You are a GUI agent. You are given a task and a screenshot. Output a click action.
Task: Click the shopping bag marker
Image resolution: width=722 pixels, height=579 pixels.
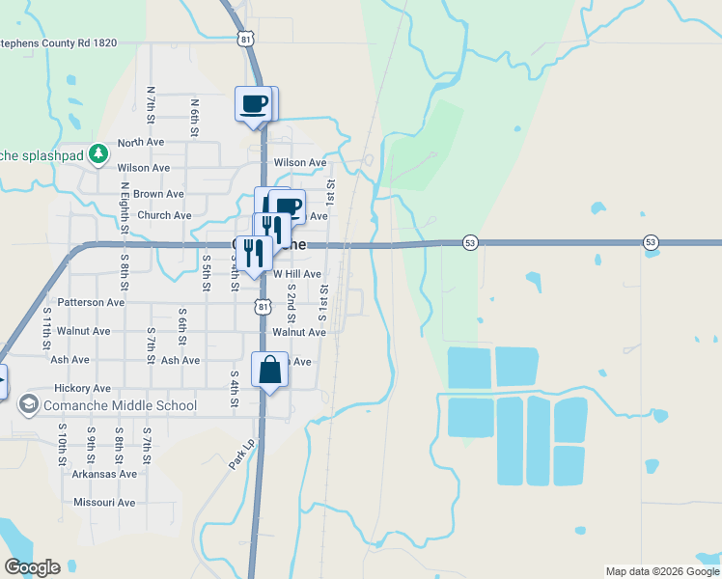click(x=270, y=370)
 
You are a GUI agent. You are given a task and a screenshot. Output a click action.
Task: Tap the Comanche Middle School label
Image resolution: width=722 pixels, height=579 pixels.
click(x=121, y=406)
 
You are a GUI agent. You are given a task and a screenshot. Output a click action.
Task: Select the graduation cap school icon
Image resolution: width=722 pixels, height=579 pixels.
click(x=29, y=405)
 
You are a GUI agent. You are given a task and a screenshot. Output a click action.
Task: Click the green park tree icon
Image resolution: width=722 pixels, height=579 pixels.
click(x=97, y=153)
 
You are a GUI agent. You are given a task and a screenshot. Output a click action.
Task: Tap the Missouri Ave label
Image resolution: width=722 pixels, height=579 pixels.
click(x=104, y=503)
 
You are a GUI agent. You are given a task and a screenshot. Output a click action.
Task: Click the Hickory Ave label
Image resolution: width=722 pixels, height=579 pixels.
click(x=82, y=388)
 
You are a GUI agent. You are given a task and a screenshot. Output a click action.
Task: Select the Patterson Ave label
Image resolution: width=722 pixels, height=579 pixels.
click(x=91, y=302)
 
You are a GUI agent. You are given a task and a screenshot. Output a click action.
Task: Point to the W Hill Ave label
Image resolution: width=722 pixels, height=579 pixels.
click(x=297, y=274)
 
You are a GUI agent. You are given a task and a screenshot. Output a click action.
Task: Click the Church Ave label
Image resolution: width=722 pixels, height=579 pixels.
click(x=164, y=216)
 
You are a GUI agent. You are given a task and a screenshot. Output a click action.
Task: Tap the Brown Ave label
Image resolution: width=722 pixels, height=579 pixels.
click(x=158, y=194)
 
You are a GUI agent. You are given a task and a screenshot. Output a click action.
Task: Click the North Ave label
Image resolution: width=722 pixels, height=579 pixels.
click(x=141, y=142)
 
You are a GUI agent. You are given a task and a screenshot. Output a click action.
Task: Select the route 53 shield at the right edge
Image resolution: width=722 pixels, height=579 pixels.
click(x=651, y=241)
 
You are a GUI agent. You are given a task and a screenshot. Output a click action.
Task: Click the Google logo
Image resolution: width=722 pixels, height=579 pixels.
click(x=32, y=567)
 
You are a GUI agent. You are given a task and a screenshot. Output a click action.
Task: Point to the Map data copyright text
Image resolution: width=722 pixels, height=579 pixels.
click(x=662, y=571)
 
